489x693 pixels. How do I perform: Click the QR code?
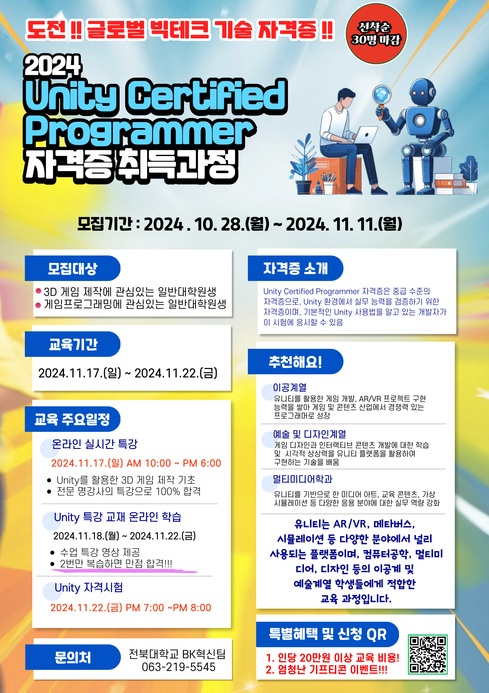[427, 654]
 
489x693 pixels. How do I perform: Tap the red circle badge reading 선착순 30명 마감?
[376, 34]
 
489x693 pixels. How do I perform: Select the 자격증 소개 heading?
[295, 268]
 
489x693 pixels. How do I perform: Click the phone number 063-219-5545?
[179, 667]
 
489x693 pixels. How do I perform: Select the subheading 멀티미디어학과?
[303, 479]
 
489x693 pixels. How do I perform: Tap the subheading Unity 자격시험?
[89, 587]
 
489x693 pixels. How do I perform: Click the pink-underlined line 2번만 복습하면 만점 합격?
[116, 563]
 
